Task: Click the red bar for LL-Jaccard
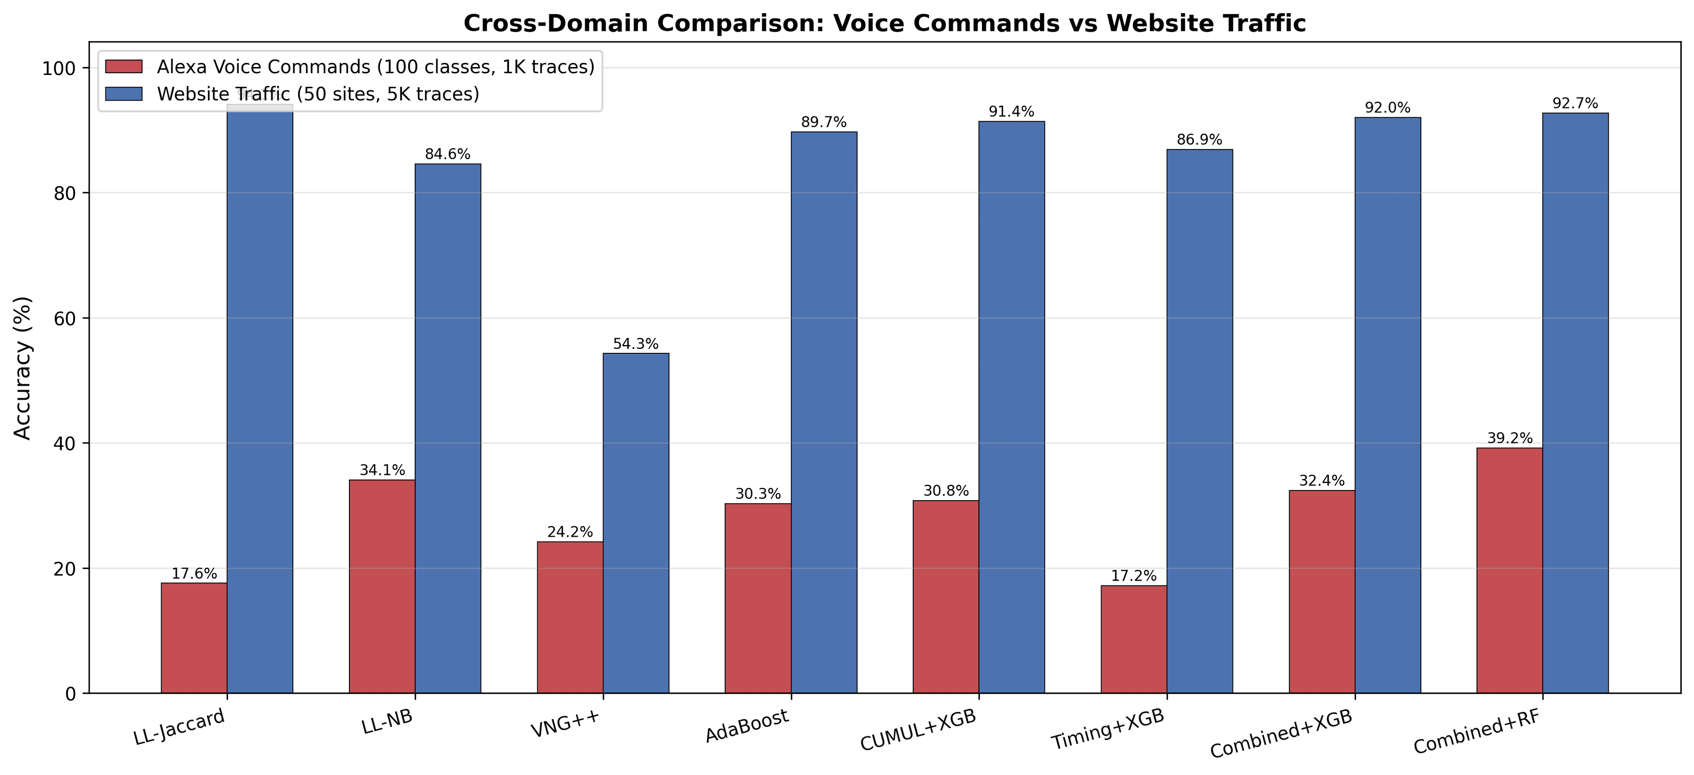click(194, 638)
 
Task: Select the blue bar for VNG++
click(636, 523)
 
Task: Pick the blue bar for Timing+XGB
click(1199, 421)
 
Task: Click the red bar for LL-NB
click(382, 586)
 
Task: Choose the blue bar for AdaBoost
click(824, 412)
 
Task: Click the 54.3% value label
click(635, 344)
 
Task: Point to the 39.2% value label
click(1509, 438)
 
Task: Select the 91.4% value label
click(1012, 112)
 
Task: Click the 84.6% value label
click(447, 154)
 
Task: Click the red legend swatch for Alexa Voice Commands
click(124, 67)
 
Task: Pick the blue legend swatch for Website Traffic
click(124, 94)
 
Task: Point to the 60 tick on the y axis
click(63, 318)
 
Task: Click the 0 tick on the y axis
click(71, 693)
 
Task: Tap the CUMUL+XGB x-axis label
click(918, 730)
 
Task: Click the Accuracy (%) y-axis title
click(22, 368)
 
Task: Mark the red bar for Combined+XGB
click(1321, 591)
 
